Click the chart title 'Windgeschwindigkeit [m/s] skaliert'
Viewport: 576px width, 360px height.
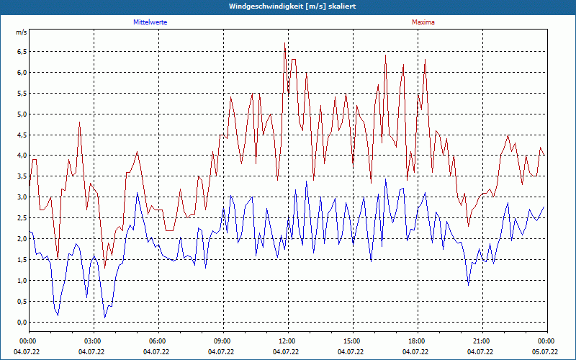[x=287, y=6]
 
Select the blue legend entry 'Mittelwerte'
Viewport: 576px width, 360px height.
[x=150, y=22]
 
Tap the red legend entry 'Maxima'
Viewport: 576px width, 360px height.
[x=423, y=22]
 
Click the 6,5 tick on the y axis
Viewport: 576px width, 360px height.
[x=21, y=52]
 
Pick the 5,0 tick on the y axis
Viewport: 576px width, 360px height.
[x=21, y=114]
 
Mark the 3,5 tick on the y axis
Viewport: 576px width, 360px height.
[x=21, y=176]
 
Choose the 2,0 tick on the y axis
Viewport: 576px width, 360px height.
[x=21, y=239]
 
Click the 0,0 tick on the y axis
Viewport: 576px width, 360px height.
[x=21, y=323]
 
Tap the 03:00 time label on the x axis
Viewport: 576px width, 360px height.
[x=92, y=341]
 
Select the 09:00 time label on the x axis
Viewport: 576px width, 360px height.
[x=222, y=341]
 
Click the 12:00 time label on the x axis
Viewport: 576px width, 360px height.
[x=287, y=341]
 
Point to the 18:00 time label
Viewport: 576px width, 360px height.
[x=416, y=341]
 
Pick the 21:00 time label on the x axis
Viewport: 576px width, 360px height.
[x=481, y=341]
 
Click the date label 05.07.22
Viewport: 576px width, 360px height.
[x=546, y=352]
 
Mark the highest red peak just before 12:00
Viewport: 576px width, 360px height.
[x=284, y=44]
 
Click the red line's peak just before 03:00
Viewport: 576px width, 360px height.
[x=80, y=122]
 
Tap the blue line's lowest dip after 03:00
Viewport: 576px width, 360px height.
[x=105, y=317]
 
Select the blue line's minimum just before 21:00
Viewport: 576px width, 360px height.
[x=469, y=285]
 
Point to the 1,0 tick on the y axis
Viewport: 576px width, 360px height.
[x=21, y=281]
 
